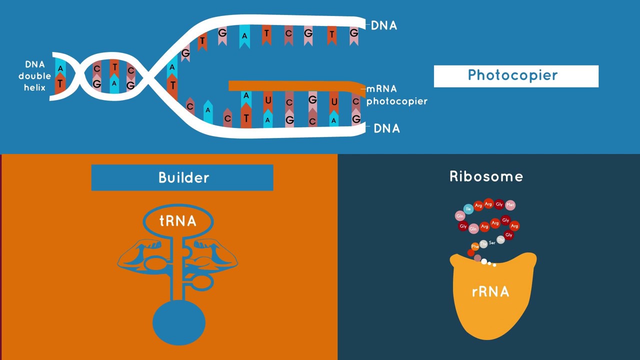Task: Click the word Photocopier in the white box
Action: click(512, 75)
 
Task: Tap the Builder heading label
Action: click(183, 178)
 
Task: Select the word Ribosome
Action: click(486, 176)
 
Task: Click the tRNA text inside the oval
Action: click(177, 221)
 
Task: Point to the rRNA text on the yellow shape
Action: click(490, 292)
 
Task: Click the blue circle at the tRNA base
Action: click(178, 322)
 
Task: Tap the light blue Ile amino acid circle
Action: click(468, 209)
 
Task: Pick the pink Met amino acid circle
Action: click(510, 205)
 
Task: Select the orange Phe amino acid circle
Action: click(475, 246)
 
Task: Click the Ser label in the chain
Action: click(492, 243)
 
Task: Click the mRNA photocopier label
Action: click(396, 95)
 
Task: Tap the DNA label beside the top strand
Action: click(384, 25)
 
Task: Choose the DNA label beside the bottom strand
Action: click(387, 128)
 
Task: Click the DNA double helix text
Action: click(34, 76)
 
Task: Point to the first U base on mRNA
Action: click(268, 101)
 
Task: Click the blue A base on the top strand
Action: click(244, 36)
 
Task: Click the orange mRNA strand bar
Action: click(295, 86)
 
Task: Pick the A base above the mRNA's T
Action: click(246, 96)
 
